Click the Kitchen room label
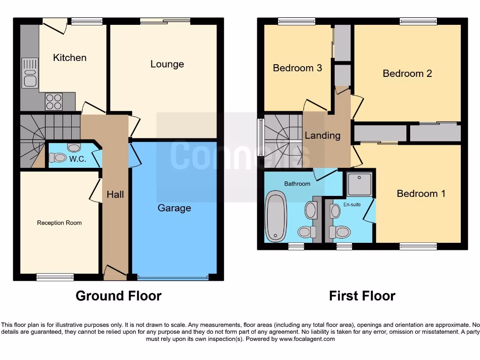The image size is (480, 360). (69, 58)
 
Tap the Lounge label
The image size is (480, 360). (167, 64)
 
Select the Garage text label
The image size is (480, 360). (174, 208)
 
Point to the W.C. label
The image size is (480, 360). (78, 159)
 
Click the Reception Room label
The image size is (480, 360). (59, 223)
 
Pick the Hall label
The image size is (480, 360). (115, 194)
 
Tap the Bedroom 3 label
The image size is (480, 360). (297, 68)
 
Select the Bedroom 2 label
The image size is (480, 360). (407, 73)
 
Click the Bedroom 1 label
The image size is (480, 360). (421, 194)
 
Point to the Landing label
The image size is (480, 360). (322, 135)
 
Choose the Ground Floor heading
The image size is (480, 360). (119, 296)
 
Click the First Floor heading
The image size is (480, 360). (362, 296)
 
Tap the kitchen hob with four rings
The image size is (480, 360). (53, 102)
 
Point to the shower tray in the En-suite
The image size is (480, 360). (360, 184)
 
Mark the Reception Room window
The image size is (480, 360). (55, 277)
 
